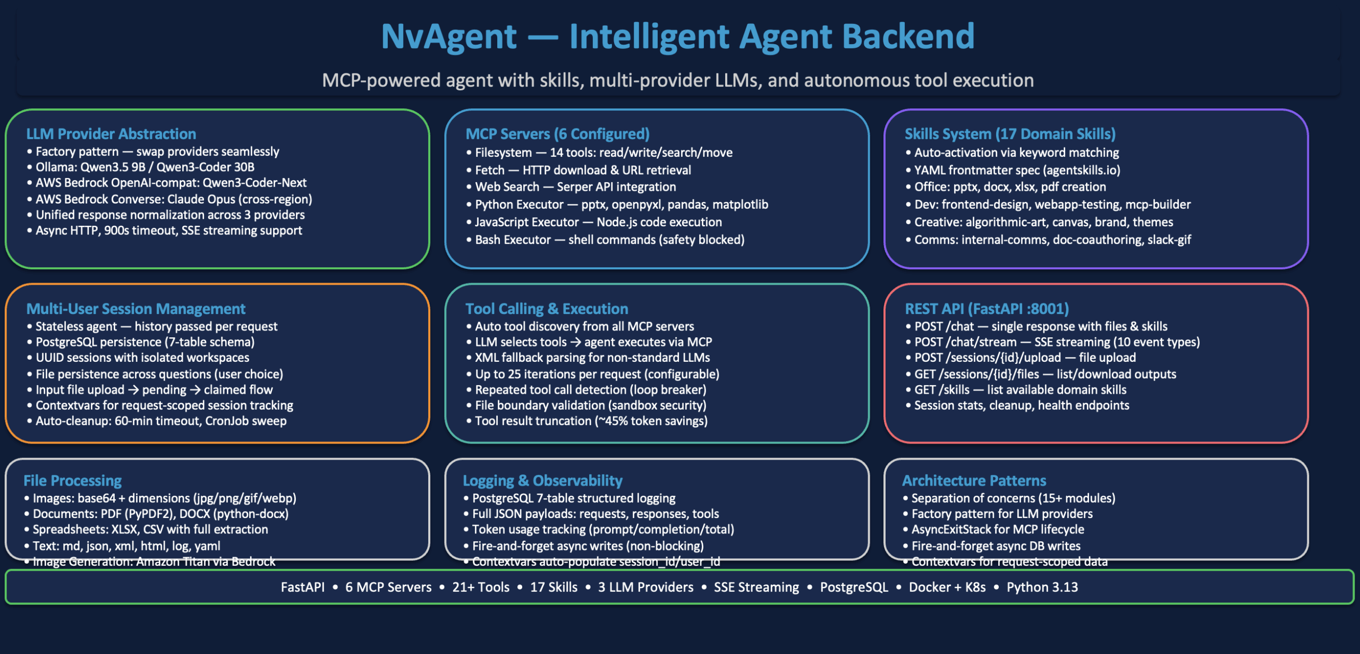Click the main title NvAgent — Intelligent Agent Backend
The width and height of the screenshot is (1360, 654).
point(678,36)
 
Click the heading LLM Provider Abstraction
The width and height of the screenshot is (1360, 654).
point(111,134)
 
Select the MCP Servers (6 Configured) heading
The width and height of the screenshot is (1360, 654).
point(557,134)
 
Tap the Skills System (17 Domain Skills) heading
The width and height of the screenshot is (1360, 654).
point(1010,134)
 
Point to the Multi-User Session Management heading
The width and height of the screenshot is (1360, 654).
point(136,309)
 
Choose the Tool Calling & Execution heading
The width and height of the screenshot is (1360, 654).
point(547,309)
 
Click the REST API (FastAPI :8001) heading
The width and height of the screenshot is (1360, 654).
point(987,309)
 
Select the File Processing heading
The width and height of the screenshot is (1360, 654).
point(73,480)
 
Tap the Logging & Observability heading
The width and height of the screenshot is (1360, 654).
point(542,480)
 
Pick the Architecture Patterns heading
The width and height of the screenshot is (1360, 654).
point(974,480)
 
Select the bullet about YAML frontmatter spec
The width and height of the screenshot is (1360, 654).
point(1017,170)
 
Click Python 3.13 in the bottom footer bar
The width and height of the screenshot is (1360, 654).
point(1042,587)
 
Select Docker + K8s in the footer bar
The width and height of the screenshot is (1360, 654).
point(947,587)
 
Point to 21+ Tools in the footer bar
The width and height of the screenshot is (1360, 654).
point(481,587)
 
